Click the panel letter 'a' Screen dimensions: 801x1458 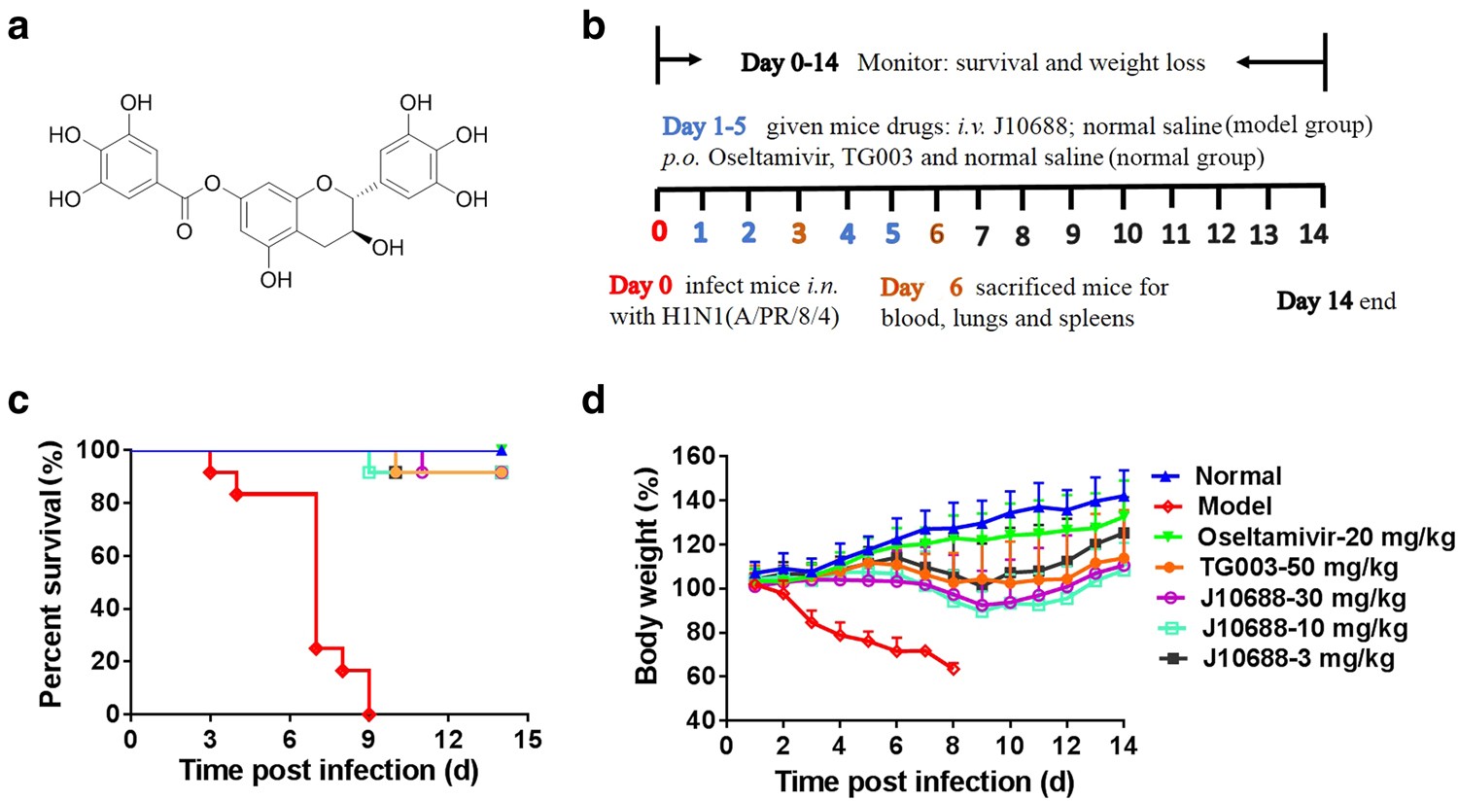17,28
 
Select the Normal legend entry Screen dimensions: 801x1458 1237,476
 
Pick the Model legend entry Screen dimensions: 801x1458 1234,506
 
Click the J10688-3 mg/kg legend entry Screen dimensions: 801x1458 1298,658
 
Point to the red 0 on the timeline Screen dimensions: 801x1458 659,232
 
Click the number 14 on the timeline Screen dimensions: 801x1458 1313,233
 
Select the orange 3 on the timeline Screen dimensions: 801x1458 799,233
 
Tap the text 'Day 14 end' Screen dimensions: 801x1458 1336,301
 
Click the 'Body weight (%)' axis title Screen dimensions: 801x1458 647,575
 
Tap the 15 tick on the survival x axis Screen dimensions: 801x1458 527,740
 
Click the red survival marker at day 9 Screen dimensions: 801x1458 368,714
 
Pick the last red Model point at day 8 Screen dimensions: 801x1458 954,668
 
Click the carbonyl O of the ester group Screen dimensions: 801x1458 184,231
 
